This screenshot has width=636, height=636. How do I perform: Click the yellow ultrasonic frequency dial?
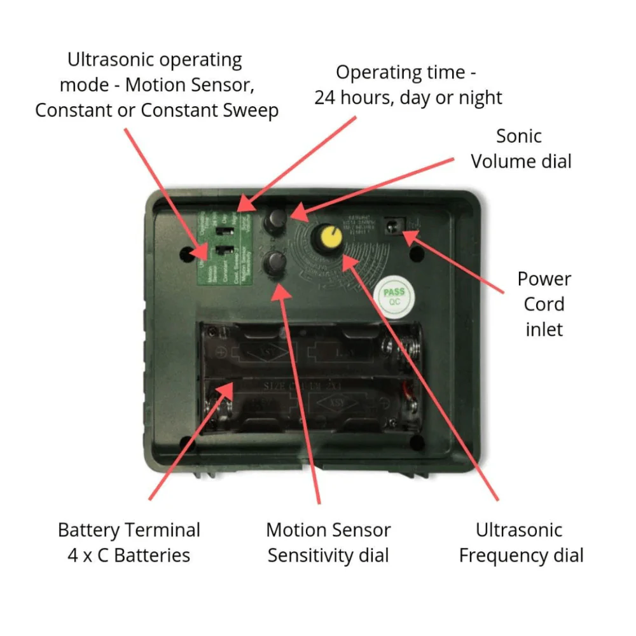329,238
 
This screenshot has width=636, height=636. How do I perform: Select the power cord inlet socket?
394,226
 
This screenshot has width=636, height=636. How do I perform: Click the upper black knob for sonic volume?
275,219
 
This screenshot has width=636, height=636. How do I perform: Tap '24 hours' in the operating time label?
357,98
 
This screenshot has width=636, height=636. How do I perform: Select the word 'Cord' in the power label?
544,304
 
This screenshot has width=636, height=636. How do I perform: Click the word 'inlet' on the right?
544,329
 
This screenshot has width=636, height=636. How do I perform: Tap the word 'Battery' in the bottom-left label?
93,530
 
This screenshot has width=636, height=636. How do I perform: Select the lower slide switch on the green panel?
222,251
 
